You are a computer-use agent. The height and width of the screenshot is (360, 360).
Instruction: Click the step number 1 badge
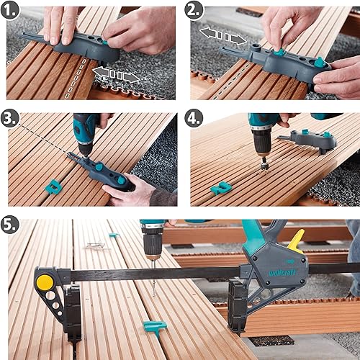[9, 11]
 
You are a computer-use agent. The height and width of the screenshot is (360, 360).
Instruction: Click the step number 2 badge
[194, 11]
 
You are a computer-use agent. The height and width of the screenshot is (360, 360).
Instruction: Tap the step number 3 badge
[9, 118]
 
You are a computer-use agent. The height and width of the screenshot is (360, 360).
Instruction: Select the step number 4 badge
[194, 118]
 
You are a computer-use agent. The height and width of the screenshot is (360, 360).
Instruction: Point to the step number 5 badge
[9, 225]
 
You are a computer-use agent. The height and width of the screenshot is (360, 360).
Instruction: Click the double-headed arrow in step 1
[116, 75]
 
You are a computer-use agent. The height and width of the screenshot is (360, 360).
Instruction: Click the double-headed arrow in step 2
[222, 36]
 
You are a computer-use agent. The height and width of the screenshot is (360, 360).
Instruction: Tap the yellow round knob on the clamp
[45, 282]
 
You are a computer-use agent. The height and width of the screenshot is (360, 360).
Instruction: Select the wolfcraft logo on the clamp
[282, 273]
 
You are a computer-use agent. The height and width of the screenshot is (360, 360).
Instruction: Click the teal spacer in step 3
[53, 187]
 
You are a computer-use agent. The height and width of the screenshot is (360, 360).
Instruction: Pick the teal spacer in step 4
[221, 187]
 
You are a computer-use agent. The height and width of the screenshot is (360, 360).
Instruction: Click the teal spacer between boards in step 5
[155, 327]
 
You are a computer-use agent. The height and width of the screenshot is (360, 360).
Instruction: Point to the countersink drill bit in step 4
[264, 166]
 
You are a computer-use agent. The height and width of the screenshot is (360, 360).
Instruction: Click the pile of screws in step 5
[96, 246]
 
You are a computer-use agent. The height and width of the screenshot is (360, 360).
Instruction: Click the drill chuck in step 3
[86, 148]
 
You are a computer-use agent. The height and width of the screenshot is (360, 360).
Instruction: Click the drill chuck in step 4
[262, 143]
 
